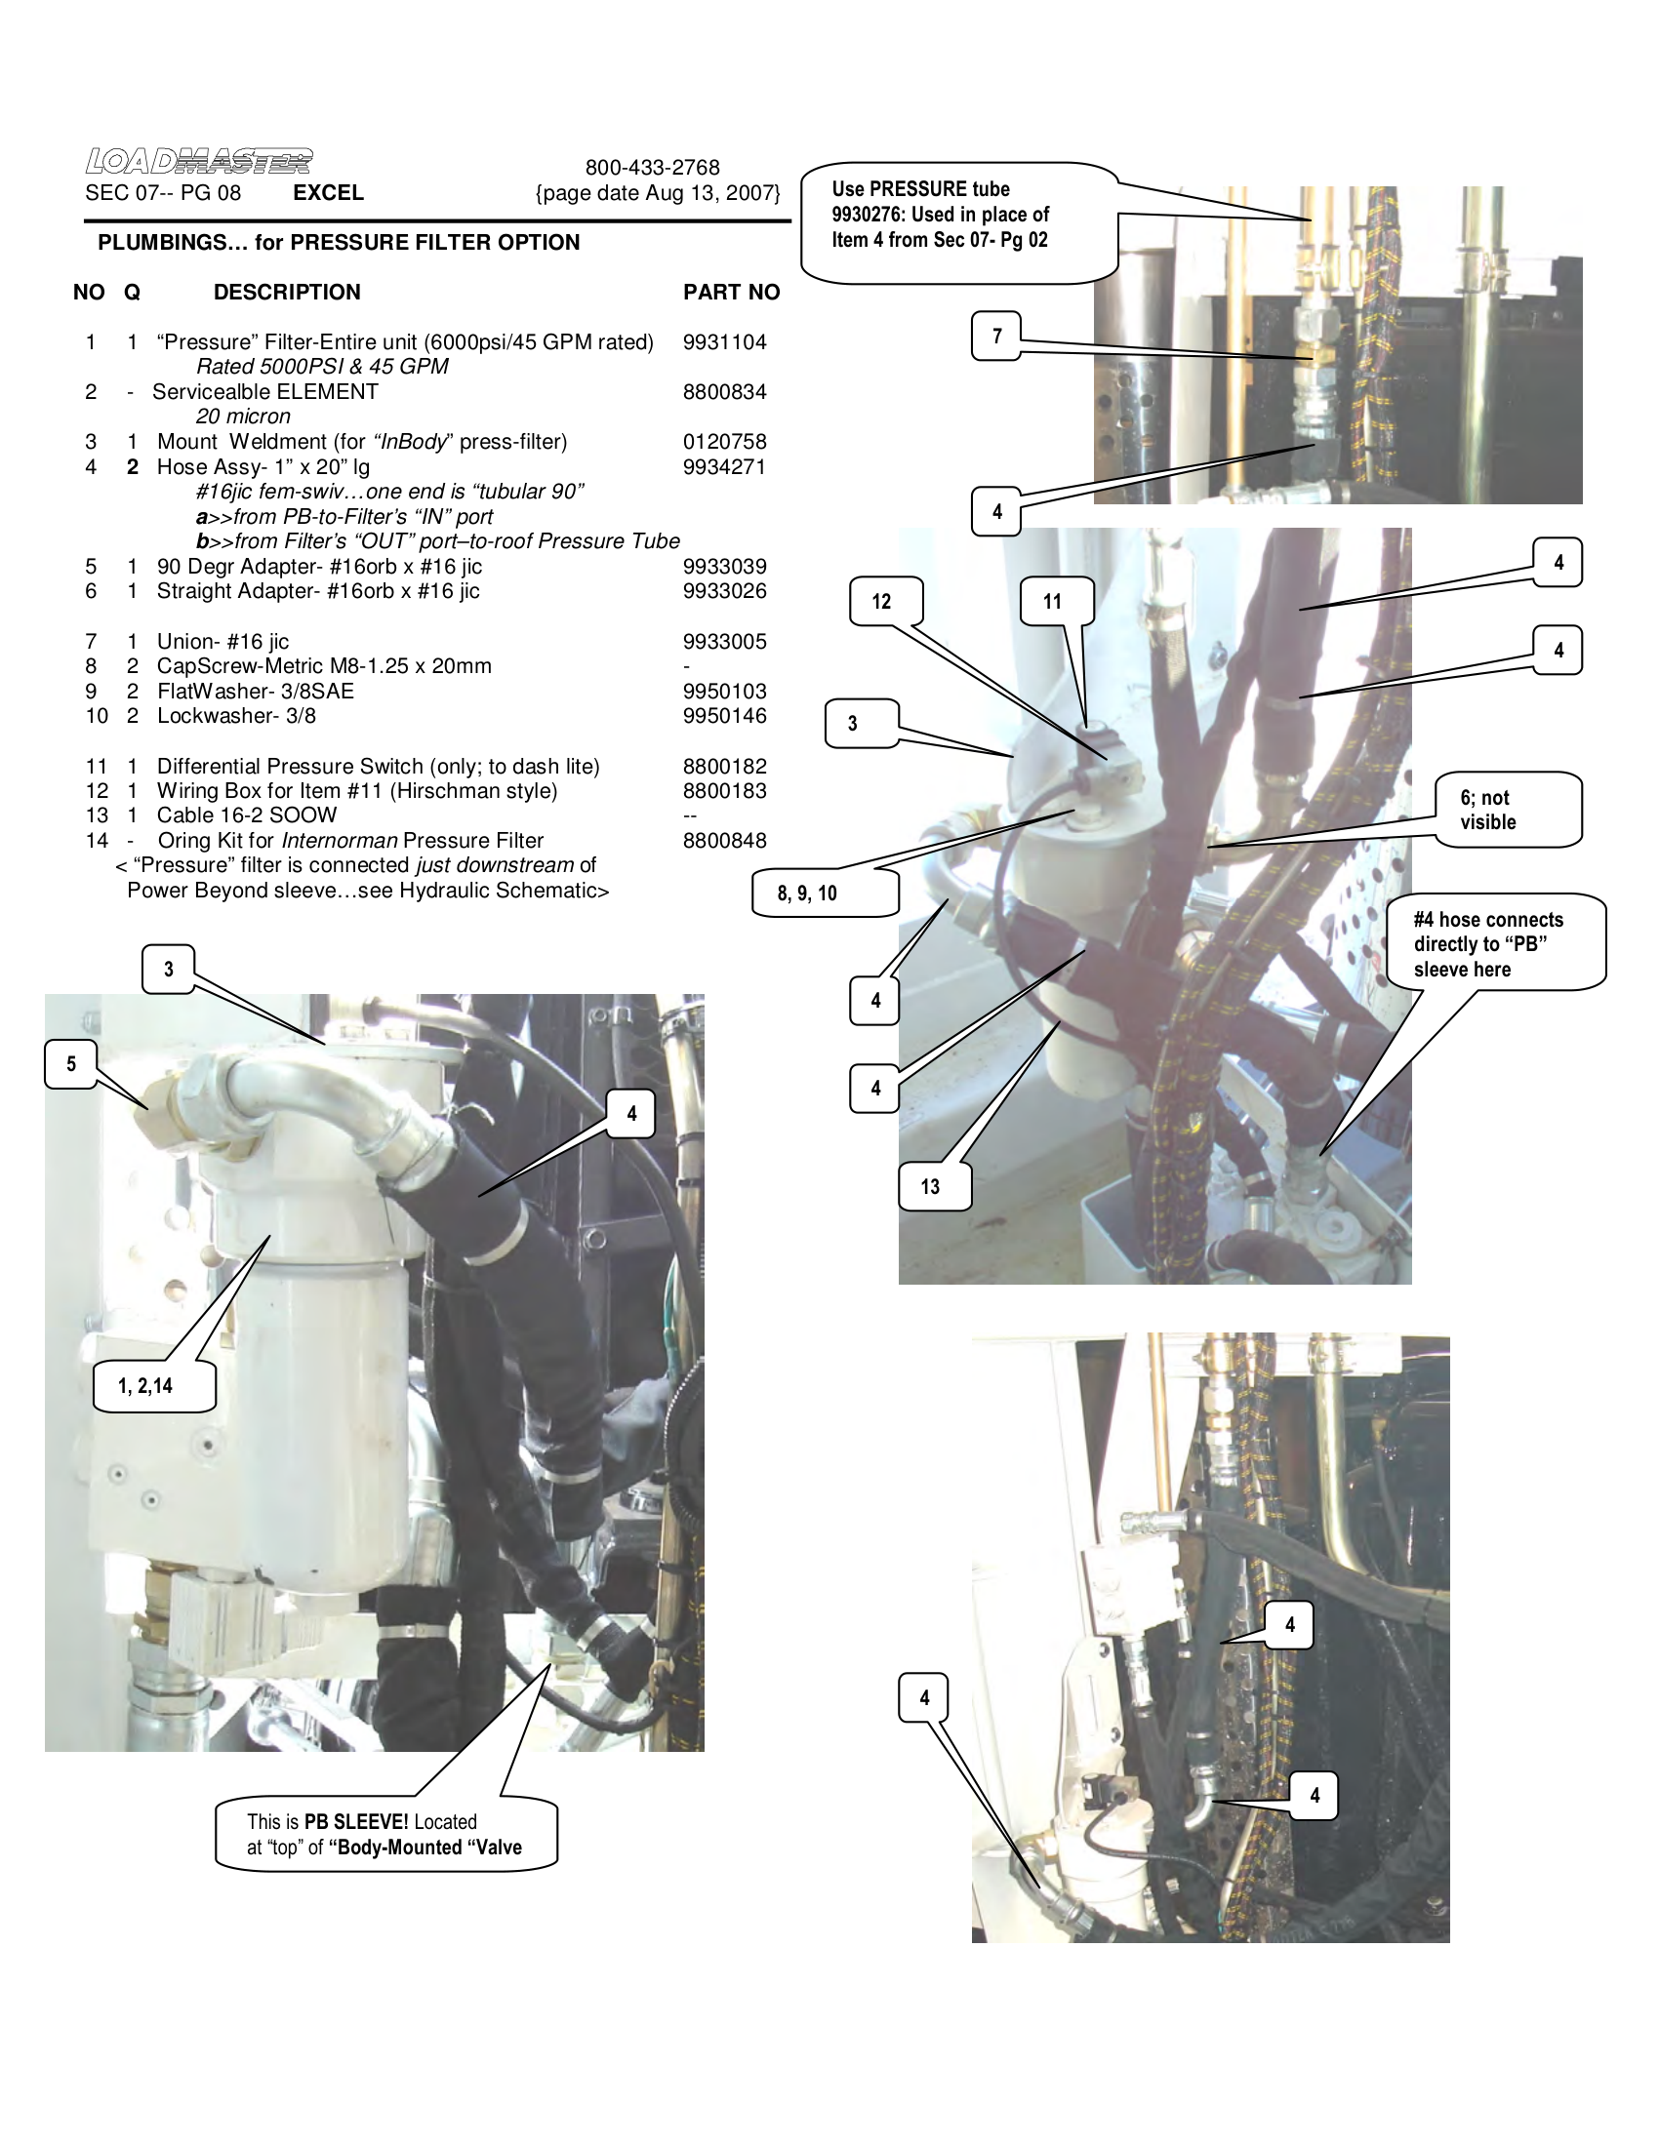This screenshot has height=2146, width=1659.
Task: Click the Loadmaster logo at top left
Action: (198, 160)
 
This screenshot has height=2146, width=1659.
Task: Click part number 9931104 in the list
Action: (724, 342)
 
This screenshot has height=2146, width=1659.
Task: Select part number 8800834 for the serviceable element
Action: (724, 392)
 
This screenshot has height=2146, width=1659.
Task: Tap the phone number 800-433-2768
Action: (652, 168)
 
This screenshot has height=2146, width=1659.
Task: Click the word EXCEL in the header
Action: (328, 192)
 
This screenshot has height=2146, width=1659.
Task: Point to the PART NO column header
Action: (730, 292)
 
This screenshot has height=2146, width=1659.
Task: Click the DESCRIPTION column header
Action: (287, 292)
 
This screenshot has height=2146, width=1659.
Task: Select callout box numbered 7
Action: (995, 337)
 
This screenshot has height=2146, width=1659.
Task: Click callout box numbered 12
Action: (881, 601)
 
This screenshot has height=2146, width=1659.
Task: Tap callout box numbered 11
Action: (1052, 601)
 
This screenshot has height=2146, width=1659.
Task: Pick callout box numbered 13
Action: (930, 1186)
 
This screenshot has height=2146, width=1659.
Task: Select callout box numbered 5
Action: (71, 1063)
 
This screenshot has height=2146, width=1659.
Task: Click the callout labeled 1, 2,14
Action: (146, 1385)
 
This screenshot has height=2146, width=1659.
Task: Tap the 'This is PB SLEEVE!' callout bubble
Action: (385, 1835)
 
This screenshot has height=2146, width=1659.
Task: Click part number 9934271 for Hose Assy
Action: (724, 466)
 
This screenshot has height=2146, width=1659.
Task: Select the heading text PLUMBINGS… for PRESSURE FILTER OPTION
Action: (338, 243)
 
